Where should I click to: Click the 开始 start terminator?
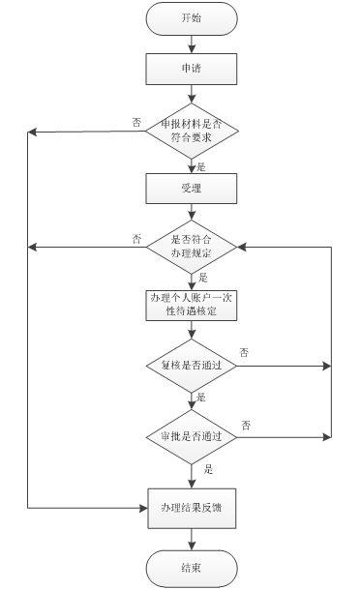coord(191,18)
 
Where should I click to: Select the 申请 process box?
coord(191,69)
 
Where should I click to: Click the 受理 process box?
coord(191,189)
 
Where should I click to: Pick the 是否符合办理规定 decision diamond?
coord(191,247)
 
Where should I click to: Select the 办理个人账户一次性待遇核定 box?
coord(191,305)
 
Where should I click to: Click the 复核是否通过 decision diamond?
coord(191,367)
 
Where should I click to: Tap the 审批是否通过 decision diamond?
coord(191,436)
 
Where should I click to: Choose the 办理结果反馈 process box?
coord(191,506)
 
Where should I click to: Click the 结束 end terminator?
coord(191,568)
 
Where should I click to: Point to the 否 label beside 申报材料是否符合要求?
coord(136,122)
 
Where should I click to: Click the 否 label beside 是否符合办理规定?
coord(136,238)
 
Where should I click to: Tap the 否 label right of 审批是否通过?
coord(246,425)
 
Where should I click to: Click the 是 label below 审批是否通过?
coord(208,469)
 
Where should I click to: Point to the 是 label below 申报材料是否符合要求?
coord(202,164)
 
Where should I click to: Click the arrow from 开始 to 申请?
coord(191,43)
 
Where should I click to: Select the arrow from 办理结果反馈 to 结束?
coord(191,537)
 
